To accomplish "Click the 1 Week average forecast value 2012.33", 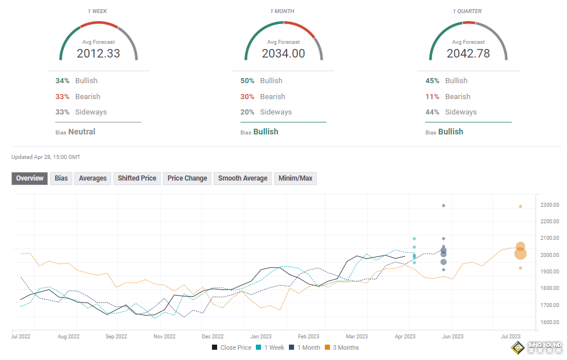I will (99, 54).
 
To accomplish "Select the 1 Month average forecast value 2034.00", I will (283, 54).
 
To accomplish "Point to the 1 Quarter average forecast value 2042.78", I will (468, 54).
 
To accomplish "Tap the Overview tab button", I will (30, 178).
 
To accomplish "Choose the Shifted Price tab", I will (137, 178).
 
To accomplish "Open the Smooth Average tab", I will (243, 178).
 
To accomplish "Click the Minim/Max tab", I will (295, 178).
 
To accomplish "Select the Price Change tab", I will (187, 178).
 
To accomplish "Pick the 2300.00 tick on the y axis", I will (550, 205).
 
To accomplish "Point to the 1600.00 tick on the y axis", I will (550, 322).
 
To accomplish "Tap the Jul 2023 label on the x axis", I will (511, 337).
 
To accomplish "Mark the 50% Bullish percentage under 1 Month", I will (247, 81).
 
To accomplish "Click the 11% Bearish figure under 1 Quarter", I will (432, 97).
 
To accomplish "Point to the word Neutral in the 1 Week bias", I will (81, 132).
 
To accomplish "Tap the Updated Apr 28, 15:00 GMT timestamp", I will (46, 157).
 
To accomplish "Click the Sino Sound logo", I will (537, 348).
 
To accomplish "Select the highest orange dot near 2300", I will (520, 206).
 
